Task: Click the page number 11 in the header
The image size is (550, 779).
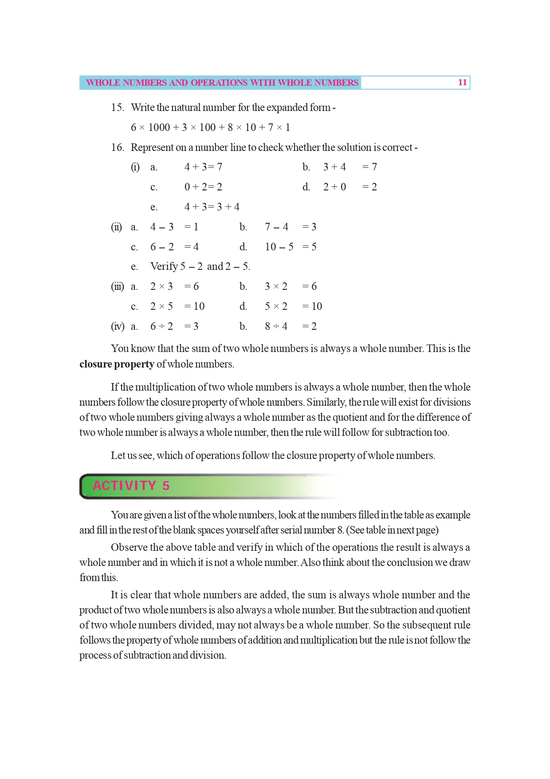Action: click(x=462, y=83)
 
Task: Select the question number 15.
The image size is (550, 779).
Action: click(x=118, y=107)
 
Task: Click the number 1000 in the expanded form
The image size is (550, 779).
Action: click(x=159, y=128)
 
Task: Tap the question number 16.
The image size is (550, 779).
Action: click(x=118, y=147)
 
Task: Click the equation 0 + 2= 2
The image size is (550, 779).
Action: click(x=203, y=187)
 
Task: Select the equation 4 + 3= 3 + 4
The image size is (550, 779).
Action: click(x=212, y=207)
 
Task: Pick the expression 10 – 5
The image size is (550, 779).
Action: click(x=279, y=247)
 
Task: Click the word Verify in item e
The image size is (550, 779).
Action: click(x=164, y=266)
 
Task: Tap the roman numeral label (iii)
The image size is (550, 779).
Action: click(x=118, y=287)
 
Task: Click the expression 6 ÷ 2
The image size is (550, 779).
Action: click(x=161, y=326)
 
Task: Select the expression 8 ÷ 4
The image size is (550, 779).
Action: click(x=276, y=326)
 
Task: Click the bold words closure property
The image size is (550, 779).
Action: click(x=117, y=364)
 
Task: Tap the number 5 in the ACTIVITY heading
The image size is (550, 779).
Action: click(x=166, y=486)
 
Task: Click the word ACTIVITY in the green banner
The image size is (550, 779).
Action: click(x=124, y=486)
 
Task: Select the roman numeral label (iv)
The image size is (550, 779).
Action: click(x=118, y=327)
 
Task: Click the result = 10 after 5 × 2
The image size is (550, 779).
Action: click(x=312, y=306)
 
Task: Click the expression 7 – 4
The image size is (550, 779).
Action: click(x=276, y=227)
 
